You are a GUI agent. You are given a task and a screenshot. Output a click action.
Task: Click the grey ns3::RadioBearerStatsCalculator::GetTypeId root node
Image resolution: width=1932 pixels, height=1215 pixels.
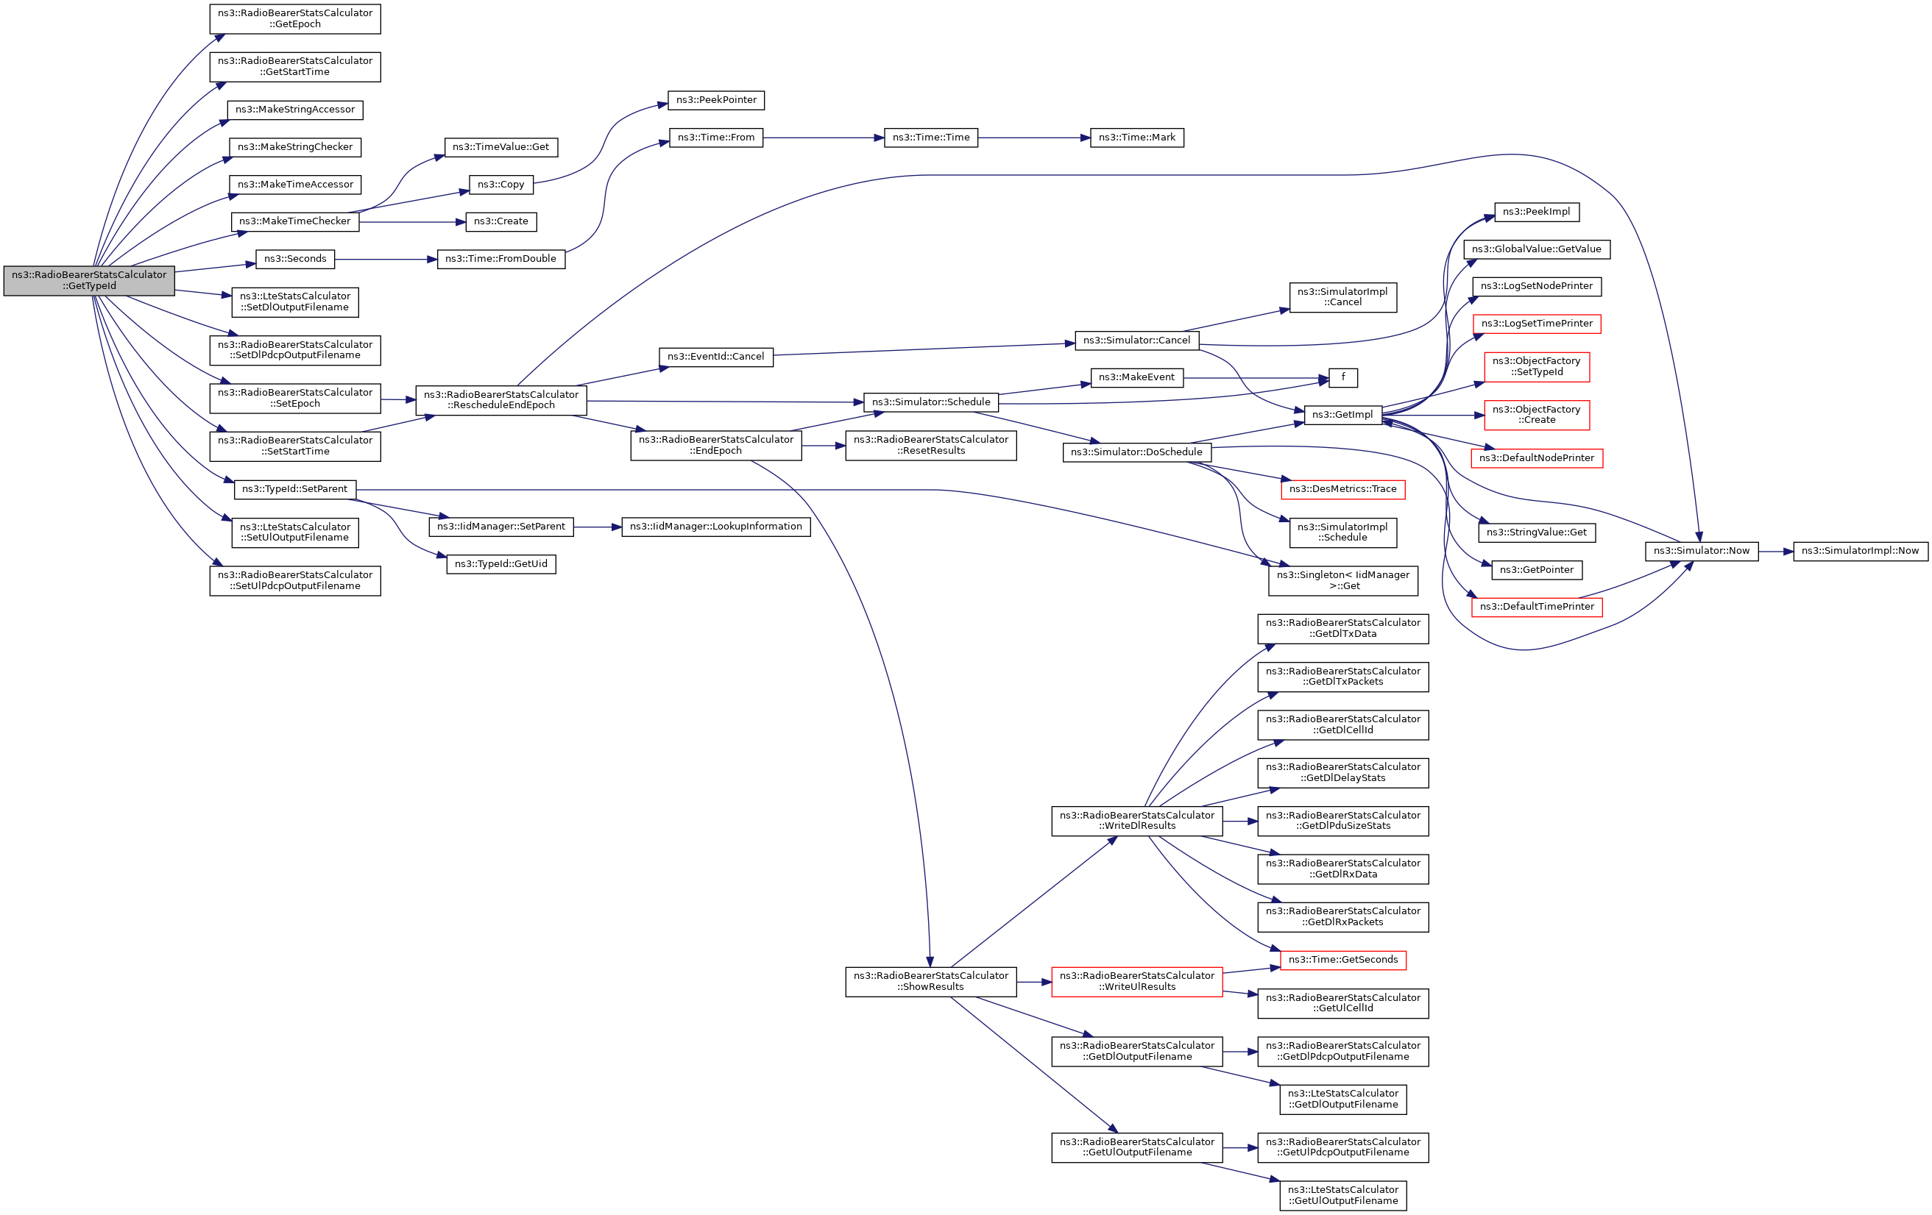coord(89,281)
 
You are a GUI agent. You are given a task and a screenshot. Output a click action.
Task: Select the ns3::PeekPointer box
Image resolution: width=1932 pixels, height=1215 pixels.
coord(715,100)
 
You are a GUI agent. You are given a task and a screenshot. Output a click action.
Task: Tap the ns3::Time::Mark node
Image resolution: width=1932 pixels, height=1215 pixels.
coord(1136,138)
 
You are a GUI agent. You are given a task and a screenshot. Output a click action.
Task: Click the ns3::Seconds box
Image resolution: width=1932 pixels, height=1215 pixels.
coord(294,259)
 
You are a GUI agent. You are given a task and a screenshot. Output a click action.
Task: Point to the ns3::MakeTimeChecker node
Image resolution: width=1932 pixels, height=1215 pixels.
coord(294,221)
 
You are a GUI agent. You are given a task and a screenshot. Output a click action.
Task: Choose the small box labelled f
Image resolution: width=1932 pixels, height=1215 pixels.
coord(1342,377)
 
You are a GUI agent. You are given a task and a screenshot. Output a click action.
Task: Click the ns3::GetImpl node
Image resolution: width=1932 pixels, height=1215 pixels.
coord(1342,415)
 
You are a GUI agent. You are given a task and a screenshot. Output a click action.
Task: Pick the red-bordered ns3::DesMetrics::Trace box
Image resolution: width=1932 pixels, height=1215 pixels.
coord(1342,489)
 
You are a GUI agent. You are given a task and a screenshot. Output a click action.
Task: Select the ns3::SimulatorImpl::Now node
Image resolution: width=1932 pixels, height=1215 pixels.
coord(1860,551)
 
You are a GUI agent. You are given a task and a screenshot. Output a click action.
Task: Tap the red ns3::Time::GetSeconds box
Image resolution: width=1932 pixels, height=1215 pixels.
coord(1342,960)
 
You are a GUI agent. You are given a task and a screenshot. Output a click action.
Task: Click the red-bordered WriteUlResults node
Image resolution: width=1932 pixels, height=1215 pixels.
coord(1136,982)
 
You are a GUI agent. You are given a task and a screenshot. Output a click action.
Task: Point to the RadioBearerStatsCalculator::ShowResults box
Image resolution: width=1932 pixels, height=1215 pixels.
coord(931,982)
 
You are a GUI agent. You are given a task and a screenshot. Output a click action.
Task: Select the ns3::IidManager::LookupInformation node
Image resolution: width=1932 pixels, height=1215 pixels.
coord(715,527)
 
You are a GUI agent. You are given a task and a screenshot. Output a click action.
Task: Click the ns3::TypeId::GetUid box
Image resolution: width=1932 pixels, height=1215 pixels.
coord(500,565)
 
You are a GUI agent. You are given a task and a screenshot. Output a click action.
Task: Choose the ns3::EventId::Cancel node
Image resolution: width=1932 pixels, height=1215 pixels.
coord(715,357)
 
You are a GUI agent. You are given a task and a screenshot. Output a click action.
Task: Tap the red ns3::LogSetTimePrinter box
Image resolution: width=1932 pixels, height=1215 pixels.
coord(1537,324)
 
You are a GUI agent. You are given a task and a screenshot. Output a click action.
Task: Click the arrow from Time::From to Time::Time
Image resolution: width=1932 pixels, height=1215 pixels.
coord(822,138)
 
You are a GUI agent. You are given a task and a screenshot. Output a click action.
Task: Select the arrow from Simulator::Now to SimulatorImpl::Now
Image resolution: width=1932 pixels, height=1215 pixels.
coord(1774,552)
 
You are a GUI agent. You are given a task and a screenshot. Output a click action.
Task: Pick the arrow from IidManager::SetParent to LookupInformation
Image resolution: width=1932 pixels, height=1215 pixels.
coord(597,527)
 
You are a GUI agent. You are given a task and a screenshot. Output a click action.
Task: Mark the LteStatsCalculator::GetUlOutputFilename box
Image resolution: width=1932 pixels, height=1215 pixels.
coord(1342,1196)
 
